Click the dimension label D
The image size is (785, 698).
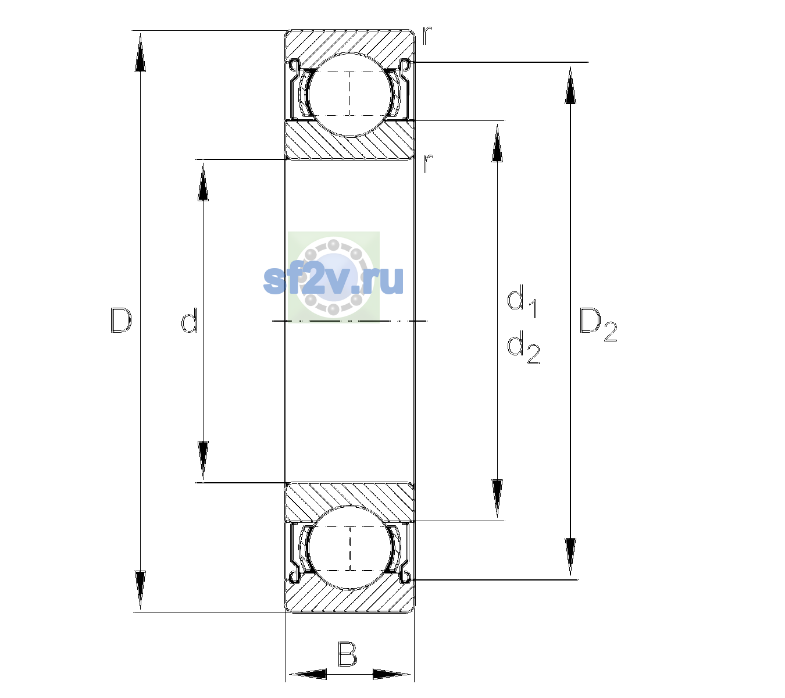tap(121, 320)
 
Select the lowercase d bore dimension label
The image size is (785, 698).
tap(190, 320)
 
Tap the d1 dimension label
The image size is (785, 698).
tap(522, 301)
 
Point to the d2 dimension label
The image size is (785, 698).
tap(523, 347)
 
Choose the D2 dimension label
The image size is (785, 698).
tap(598, 325)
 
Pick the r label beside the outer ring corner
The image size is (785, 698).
tap(427, 35)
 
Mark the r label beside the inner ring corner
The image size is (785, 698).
tap(427, 163)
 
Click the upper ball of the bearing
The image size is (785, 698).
tap(350, 95)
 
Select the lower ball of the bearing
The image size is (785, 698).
tap(350, 547)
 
